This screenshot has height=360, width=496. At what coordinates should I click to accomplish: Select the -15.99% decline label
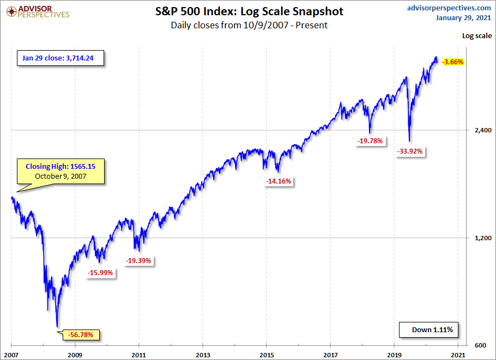coord(101,273)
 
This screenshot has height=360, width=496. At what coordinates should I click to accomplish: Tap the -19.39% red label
coord(140,261)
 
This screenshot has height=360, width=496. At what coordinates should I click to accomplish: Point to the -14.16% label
coord(280,181)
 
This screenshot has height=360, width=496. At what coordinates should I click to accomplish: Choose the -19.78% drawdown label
coord(371,141)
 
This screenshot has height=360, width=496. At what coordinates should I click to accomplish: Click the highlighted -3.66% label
coord(453,62)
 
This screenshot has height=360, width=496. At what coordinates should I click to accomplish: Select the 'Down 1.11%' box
coord(428,330)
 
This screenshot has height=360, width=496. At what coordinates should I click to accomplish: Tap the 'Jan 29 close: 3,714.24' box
coord(62,57)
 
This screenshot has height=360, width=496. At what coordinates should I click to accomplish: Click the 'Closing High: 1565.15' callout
coord(61,171)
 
